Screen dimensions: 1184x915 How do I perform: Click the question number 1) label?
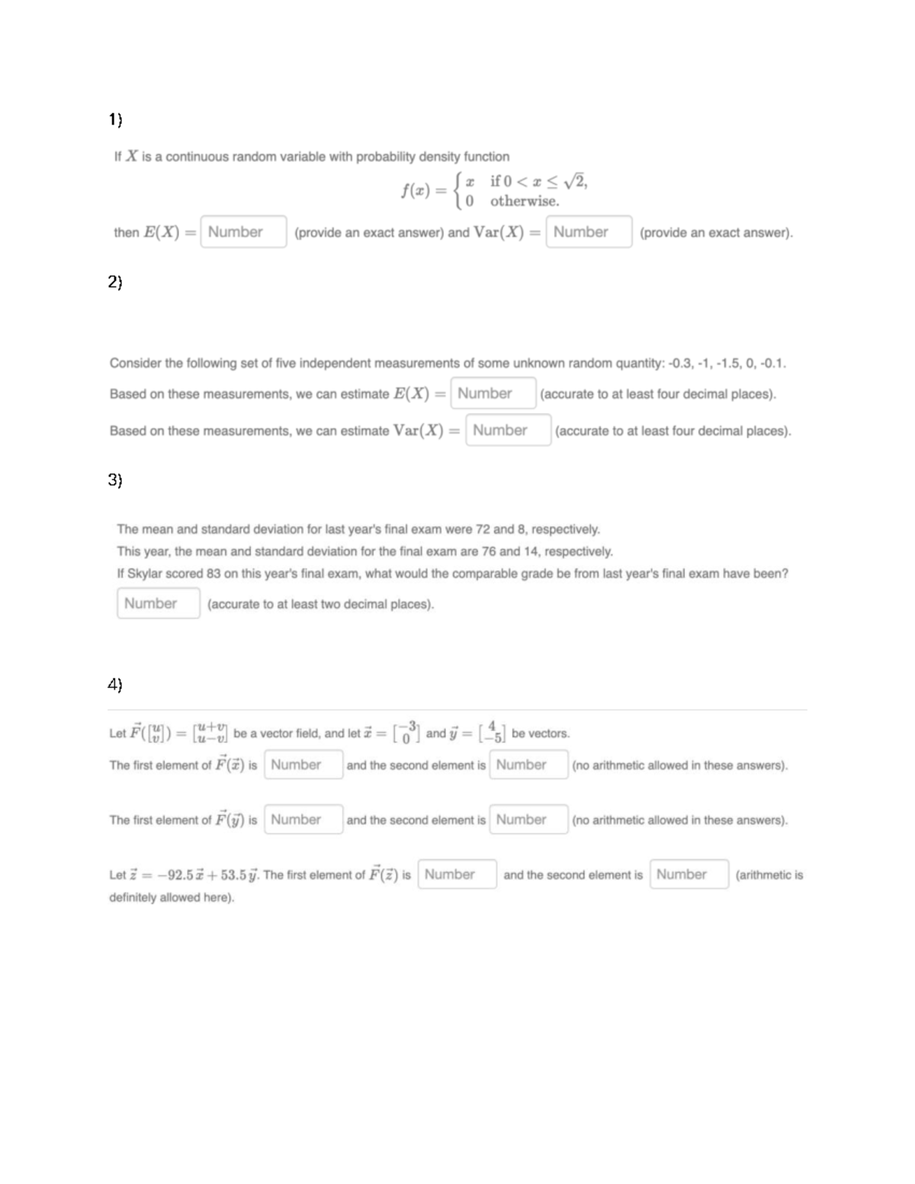pos(114,119)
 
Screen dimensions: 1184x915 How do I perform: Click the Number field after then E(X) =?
pos(243,232)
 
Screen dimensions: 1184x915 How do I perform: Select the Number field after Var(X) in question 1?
pos(589,232)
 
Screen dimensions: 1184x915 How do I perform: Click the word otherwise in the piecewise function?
pos(525,201)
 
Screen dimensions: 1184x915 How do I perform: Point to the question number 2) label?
pos(114,282)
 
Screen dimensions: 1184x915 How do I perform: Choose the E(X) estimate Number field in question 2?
pos(493,393)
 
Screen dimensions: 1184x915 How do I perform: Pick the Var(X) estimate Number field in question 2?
pos(508,430)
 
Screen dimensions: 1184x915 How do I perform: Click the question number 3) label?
pos(114,480)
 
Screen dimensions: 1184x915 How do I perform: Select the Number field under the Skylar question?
pos(159,603)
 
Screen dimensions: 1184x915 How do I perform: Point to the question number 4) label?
pos(114,685)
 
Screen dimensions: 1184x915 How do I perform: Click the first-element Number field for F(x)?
pos(303,765)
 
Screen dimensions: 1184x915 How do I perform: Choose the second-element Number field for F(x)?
pos(529,765)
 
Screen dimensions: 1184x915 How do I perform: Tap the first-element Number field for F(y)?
pos(303,820)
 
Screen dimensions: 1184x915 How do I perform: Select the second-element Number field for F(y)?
pos(529,820)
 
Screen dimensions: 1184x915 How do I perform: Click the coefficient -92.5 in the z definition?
pos(174,874)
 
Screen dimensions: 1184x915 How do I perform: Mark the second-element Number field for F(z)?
pos(689,874)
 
